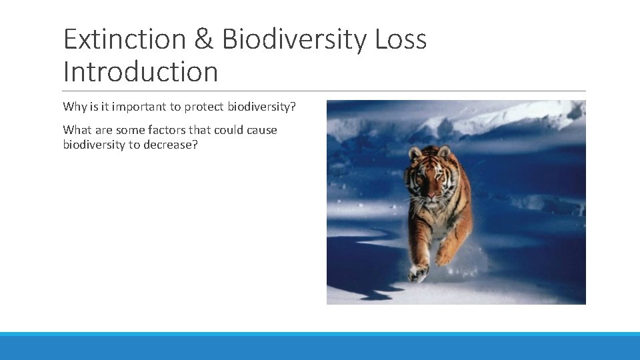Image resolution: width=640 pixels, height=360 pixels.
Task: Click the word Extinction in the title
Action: tap(124, 40)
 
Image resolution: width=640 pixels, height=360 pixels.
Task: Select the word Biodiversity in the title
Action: tap(294, 40)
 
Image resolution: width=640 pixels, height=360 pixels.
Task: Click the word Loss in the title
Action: tap(401, 40)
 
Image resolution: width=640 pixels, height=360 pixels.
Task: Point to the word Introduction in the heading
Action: tap(141, 72)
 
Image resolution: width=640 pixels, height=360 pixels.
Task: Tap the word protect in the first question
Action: tap(204, 107)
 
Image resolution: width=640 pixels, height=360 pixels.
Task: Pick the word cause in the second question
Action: tap(262, 130)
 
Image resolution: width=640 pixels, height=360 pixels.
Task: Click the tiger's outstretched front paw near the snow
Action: tap(418, 271)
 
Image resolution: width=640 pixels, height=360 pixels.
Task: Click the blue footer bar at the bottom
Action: tap(320, 346)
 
